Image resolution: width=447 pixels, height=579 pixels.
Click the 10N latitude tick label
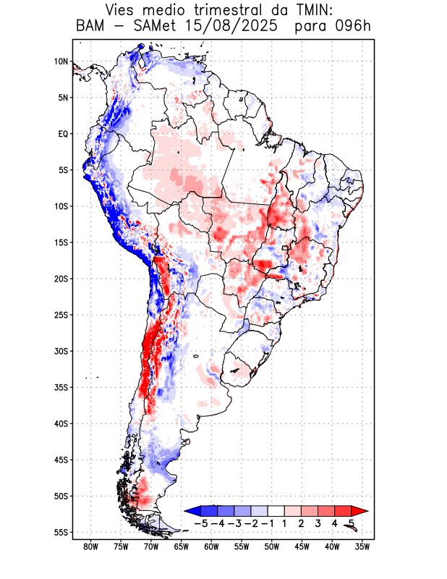click(61, 62)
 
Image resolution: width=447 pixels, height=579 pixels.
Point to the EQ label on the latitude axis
click(63, 134)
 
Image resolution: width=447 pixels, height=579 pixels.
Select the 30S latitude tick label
click(61, 351)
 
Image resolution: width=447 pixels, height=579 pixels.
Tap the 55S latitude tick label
click(61, 533)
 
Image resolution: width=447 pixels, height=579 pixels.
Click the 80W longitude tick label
click(91, 547)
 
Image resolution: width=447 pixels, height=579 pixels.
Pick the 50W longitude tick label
click(271, 547)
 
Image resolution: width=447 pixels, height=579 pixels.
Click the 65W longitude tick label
click(181, 547)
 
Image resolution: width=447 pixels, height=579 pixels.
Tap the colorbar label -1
click(268, 523)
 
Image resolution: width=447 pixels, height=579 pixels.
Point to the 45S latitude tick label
click(61, 460)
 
